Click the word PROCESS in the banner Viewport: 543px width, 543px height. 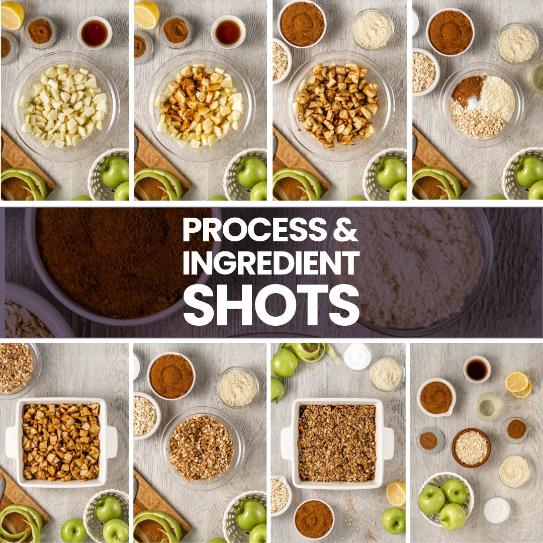point(254,230)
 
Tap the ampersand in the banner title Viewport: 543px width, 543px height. point(345,230)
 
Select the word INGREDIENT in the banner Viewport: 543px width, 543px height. point(271,263)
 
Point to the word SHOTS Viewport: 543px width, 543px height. point(271,305)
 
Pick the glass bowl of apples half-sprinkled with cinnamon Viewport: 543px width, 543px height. point(200,106)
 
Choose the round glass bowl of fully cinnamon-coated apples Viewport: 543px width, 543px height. point(338,105)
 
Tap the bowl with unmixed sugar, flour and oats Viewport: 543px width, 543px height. point(481,105)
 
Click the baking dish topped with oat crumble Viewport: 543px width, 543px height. point(337,443)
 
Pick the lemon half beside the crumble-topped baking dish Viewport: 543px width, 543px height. point(396,494)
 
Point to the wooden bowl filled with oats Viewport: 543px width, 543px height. point(471,448)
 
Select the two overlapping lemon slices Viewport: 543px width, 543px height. point(518,385)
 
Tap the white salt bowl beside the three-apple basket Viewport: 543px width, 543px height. point(497,510)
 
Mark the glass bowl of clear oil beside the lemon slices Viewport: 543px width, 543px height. point(488,406)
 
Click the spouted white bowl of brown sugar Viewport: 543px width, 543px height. point(436,397)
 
